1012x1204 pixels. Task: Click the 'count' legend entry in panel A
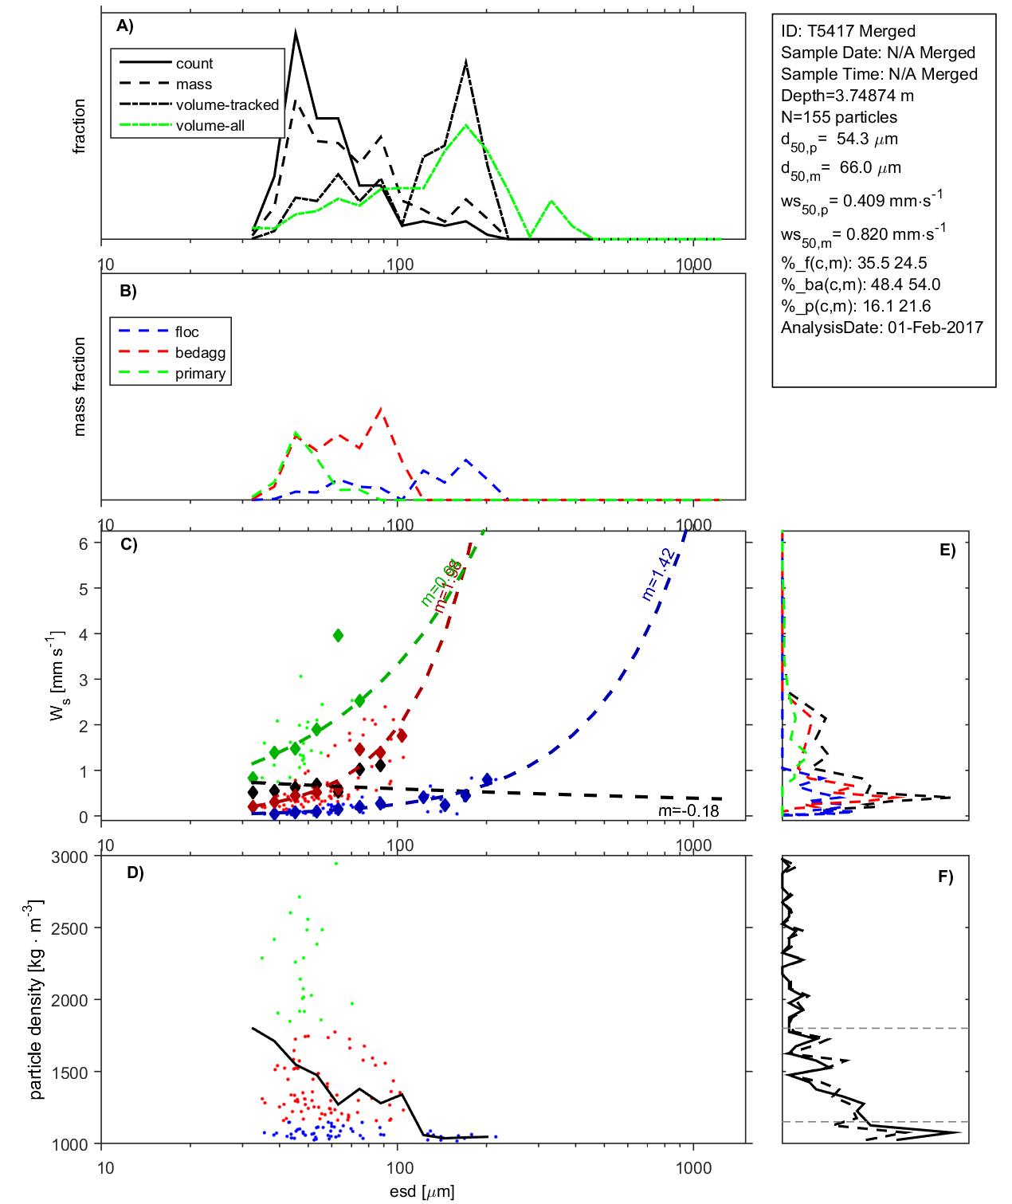(194, 64)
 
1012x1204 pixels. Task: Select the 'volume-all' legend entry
(210, 126)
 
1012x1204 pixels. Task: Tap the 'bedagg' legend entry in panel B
(200, 353)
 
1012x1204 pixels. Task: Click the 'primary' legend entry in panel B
(200, 374)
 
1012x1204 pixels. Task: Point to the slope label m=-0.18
(688, 811)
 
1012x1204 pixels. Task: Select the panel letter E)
(947, 550)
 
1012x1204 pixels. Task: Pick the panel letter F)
(945, 877)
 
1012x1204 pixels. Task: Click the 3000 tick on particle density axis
(69, 857)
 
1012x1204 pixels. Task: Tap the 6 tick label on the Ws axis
(83, 543)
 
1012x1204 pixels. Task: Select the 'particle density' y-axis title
(35, 1000)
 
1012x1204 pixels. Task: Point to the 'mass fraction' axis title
(79, 386)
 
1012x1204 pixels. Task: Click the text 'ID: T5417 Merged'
(848, 31)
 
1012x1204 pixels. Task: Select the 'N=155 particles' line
(838, 117)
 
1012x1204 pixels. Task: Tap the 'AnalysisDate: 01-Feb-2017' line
(881, 327)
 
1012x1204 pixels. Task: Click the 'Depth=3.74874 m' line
(847, 96)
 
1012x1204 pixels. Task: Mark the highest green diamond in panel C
(338, 635)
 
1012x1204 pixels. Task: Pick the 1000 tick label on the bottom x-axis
(693, 1168)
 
